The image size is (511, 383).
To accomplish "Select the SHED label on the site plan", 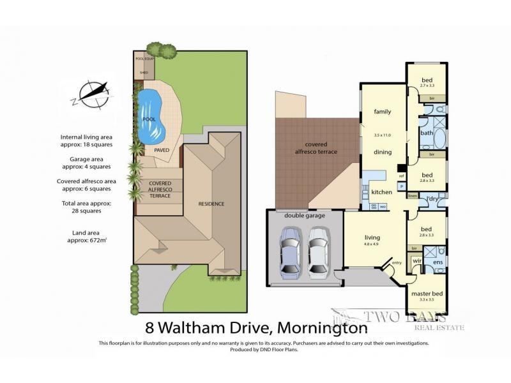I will (x=144, y=72).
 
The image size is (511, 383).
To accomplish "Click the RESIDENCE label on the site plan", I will (x=211, y=204).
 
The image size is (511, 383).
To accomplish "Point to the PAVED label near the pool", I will (x=162, y=150).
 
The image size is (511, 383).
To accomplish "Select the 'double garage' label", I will (x=305, y=216).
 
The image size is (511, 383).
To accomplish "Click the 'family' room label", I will (x=382, y=112).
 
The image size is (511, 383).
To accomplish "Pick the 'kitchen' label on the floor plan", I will (x=381, y=191).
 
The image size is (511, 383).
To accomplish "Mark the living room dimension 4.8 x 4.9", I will (x=372, y=244).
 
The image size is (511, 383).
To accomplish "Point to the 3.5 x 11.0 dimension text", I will (x=382, y=135).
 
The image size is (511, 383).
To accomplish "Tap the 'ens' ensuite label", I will (x=438, y=262).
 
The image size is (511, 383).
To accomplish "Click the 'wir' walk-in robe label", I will (x=417, y=261).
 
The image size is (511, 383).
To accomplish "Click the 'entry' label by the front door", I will (x=397, y=262).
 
